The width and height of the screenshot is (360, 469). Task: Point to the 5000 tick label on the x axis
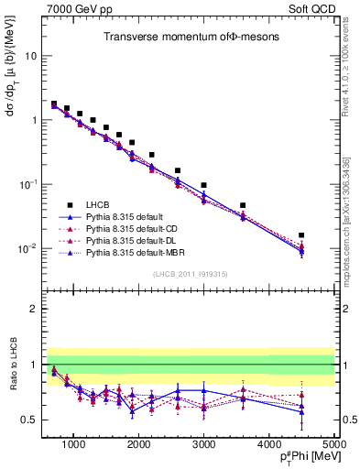tap(333, 444)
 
